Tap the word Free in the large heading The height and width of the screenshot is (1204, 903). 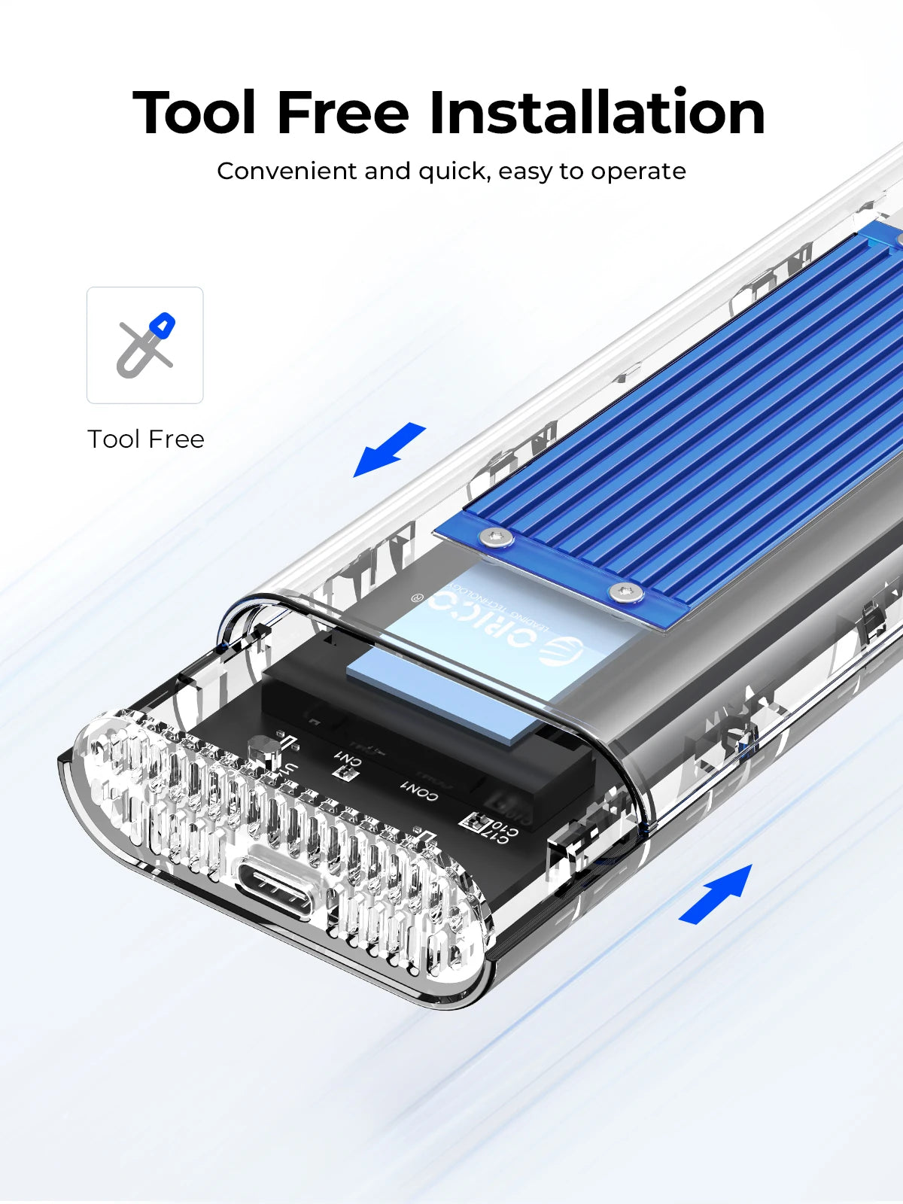(343, 113)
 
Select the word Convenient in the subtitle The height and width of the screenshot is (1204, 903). (287, 172)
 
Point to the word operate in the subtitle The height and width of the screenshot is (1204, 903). (638, 172)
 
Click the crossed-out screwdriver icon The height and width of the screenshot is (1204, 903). (145, 345)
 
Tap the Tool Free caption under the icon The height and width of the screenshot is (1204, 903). (146, 439)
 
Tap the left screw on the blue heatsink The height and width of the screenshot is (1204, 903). (496, 537)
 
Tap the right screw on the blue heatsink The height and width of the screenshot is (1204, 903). (625, 592)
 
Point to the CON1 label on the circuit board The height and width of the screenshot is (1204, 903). (418, 791)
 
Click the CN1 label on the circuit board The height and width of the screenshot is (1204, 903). (348, 762)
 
